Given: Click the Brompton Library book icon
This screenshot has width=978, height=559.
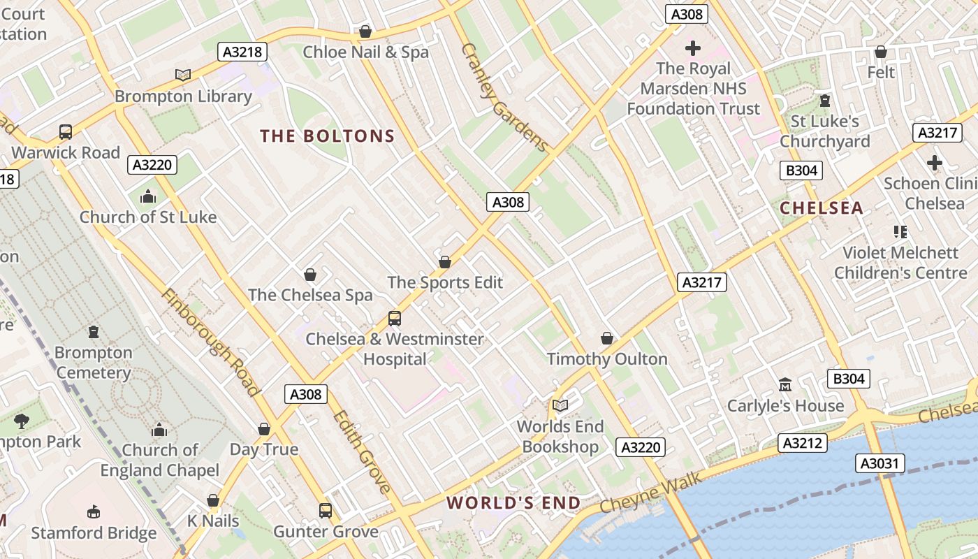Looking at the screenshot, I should point(183,75).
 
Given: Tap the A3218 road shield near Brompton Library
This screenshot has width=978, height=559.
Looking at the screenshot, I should point(242,52).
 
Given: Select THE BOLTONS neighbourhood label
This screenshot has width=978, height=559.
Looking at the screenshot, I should point(328,136).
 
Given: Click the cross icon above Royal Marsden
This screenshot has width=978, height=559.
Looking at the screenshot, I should point(693,48).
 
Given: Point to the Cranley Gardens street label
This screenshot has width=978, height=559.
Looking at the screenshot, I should point(505,99).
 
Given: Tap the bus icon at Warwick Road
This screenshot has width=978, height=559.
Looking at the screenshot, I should point(65,131).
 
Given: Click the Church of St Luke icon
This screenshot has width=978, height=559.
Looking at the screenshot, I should point(147,197).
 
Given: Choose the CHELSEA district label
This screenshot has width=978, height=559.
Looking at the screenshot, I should point(822,208).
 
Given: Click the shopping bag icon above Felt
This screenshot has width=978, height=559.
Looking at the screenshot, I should point(881,52).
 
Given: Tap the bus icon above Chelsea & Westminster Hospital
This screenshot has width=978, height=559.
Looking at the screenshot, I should point(395,319).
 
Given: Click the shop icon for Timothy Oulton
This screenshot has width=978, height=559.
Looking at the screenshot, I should point(607,339).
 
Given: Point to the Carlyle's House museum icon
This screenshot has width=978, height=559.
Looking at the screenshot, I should point(785,385).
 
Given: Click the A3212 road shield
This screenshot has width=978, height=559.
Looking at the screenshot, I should point(803,443).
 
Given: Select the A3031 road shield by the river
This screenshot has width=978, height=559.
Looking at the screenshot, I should point(880,463).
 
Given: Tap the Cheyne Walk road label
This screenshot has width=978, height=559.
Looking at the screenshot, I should point(641,495).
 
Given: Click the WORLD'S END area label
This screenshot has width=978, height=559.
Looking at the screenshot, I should point(513,503).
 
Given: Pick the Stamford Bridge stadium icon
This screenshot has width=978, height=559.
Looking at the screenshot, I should point(94,513).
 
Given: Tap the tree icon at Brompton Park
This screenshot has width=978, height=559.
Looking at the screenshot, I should point(22,421).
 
